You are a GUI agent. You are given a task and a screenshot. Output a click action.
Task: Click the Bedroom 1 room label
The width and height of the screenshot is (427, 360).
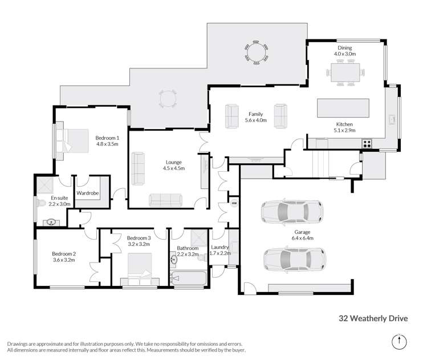107,137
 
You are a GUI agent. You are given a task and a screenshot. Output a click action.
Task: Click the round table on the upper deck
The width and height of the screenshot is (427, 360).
257,52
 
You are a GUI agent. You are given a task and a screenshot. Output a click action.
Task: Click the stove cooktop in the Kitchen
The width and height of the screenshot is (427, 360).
367,143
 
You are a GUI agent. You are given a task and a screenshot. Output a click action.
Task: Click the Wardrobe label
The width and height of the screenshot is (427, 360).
88,193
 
